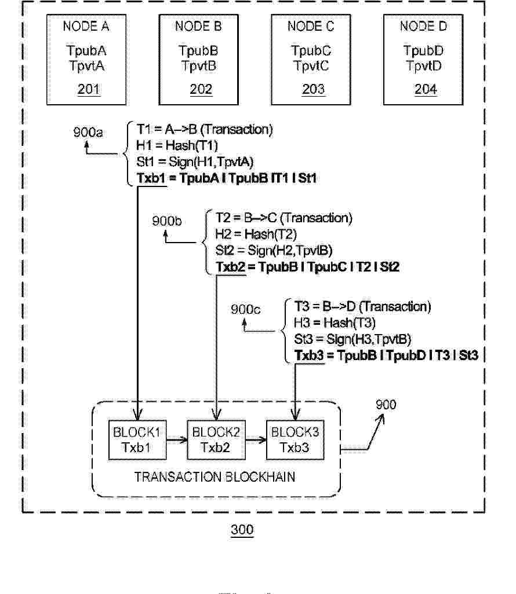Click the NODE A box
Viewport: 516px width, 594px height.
click(x=86, y=60)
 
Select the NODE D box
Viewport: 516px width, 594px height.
click(x=424, y=60)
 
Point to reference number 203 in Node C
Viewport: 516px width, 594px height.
click(x=313, y=90)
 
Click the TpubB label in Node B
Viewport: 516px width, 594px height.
click(x=198, y=51)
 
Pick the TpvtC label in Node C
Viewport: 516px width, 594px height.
click(x=311, y=66)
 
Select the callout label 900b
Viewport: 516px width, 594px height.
click(x=167, y=221)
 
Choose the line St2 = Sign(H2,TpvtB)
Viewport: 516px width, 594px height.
click(x=274, y=250)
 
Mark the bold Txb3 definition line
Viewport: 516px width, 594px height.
click(x=386, y=355)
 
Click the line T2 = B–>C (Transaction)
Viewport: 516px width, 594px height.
click(x=284, y=218)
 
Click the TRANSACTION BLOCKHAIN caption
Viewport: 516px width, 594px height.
click(x=215, y=478)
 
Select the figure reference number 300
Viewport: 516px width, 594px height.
click(x=242, y=530)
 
